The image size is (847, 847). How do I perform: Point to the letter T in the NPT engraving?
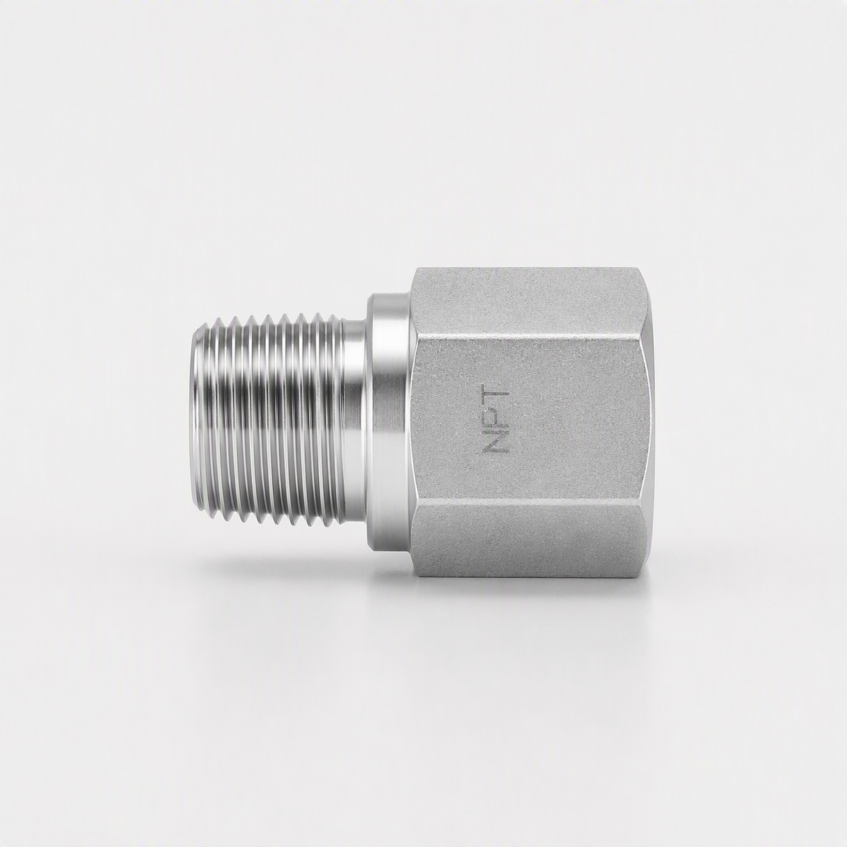496,399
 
